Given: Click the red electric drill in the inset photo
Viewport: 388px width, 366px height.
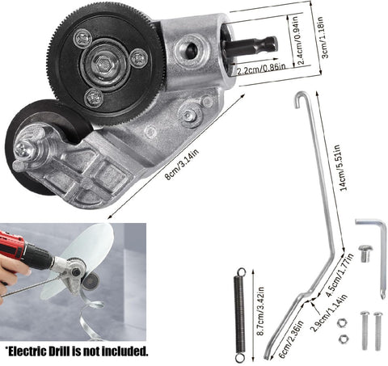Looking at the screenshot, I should click(24, 250).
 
